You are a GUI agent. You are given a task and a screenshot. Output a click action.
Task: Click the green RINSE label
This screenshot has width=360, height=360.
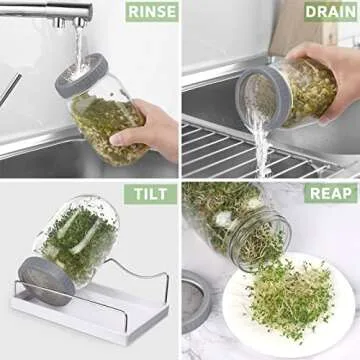pos(151,11)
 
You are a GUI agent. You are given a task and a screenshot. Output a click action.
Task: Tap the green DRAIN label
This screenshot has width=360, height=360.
pos(329,11)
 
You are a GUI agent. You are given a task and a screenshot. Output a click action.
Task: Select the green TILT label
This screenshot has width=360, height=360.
pos(150,193)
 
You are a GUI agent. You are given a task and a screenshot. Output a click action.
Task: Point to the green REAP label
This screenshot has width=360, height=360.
pos(330,192)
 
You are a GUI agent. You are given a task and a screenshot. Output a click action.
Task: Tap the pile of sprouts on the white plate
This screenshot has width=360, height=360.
pos(290,300)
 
